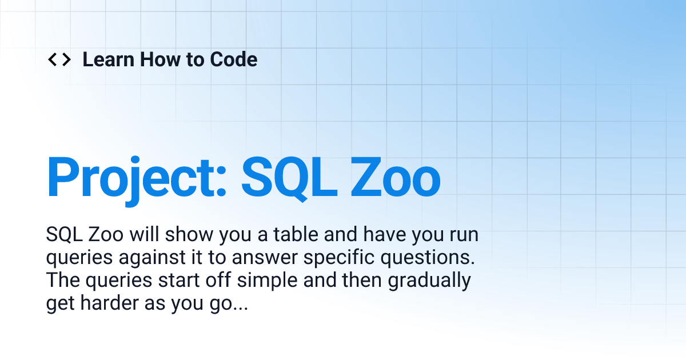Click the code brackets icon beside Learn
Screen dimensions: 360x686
tap(59, 59)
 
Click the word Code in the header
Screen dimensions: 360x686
tap(233, 59)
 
